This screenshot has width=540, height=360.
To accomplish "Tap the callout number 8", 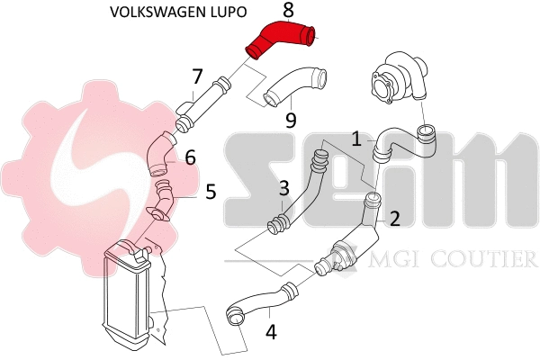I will click(288, 11).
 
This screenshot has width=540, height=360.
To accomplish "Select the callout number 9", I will click(290, 119).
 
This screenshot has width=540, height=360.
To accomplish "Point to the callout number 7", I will click(197, 78).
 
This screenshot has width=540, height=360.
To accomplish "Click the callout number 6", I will click(190, 157).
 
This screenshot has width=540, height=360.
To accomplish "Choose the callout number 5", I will click(211, 192).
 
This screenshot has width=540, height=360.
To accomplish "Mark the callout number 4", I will click(271, 331).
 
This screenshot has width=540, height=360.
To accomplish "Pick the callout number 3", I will click(283, 189).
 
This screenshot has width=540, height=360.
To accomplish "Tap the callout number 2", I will click(393, 218).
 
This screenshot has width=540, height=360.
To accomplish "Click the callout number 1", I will click(357, 139).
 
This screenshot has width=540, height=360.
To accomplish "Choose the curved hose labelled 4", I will click(261, 301).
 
